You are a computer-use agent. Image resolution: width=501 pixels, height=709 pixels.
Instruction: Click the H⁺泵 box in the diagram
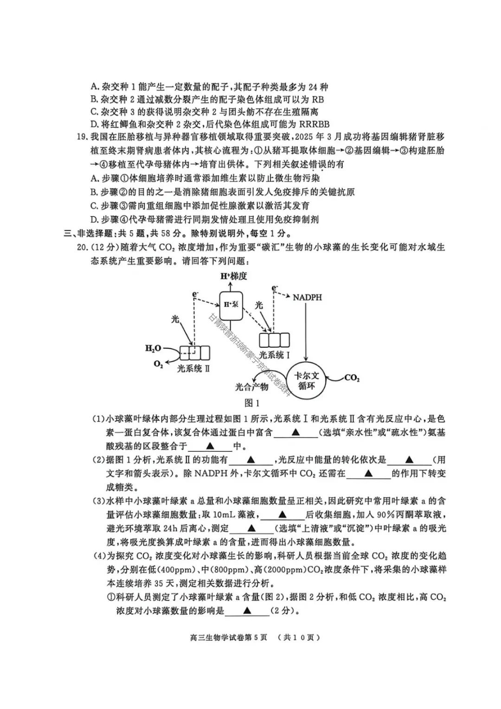point(231,306)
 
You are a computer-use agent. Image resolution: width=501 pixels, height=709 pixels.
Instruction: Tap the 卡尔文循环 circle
point(306,380)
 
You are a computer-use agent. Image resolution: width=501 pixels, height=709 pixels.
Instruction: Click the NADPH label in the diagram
point(307,297)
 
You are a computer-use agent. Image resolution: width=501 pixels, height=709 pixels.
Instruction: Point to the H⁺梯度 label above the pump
point(233,276)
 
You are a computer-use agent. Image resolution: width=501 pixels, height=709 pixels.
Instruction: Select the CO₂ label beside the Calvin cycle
point(352,378)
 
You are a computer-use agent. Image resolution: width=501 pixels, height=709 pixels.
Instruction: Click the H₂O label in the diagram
point(153,348)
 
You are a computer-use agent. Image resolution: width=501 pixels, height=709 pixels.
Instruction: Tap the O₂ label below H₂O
point(158,364)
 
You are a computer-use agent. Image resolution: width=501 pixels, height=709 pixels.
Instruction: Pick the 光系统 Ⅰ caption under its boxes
point(274,355)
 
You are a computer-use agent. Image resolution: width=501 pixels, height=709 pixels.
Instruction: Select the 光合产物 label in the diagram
point(251,387)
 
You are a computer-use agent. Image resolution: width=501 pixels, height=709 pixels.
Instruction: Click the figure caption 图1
point(251,403)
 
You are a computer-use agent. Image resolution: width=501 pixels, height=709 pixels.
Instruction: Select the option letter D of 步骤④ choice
point(94,220)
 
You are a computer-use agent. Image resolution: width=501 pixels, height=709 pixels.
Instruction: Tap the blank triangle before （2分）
point(247,611)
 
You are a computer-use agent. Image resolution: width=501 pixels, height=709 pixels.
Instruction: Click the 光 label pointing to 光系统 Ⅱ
point(175,319)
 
